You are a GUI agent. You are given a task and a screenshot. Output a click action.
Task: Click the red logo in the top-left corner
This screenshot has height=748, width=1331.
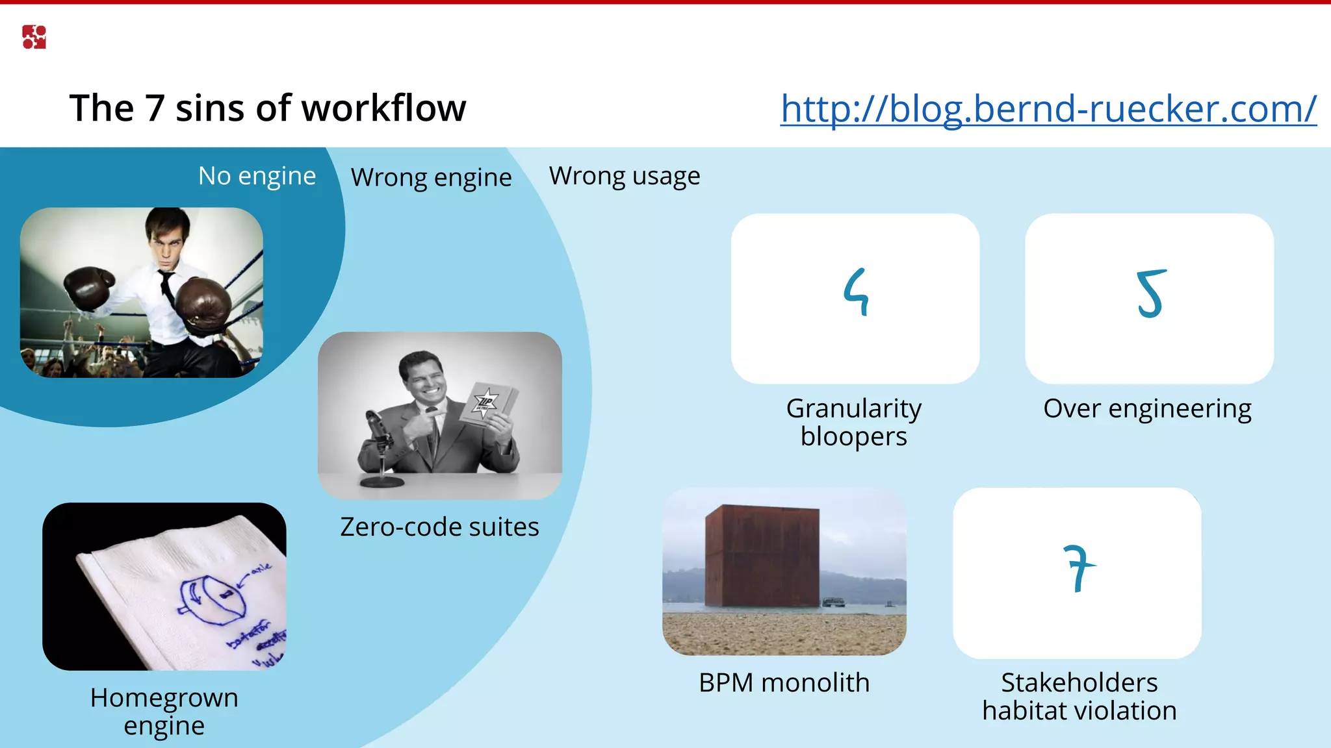34,37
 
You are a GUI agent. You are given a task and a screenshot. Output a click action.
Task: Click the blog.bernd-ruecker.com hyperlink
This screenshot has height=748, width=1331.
1048,108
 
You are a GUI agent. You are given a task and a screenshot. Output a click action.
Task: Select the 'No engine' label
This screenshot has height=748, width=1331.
257,176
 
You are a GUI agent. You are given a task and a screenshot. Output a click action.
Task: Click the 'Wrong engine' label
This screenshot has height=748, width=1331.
431,177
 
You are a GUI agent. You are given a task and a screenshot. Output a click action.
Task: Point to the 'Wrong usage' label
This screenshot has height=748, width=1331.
624,176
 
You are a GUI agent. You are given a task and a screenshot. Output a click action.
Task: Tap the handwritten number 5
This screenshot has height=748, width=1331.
1150,294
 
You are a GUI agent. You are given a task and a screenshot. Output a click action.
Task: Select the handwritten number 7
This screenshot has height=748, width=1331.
1079,568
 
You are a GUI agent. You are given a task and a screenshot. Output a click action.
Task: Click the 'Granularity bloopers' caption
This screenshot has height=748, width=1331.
853,422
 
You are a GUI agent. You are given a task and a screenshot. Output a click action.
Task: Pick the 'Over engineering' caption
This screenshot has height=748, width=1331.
1147,408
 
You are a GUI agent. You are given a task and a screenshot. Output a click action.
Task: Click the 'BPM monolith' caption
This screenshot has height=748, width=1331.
784,682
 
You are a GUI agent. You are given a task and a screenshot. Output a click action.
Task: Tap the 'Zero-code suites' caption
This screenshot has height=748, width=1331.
439,527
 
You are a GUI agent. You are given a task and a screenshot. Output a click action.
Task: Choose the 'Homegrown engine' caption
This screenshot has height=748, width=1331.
164,711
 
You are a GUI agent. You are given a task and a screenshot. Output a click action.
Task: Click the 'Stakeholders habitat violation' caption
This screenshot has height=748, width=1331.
1079,696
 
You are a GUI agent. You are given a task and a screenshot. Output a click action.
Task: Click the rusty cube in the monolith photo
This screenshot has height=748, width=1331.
762,555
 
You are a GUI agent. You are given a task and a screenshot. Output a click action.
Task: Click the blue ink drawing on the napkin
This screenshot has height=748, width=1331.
211,601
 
